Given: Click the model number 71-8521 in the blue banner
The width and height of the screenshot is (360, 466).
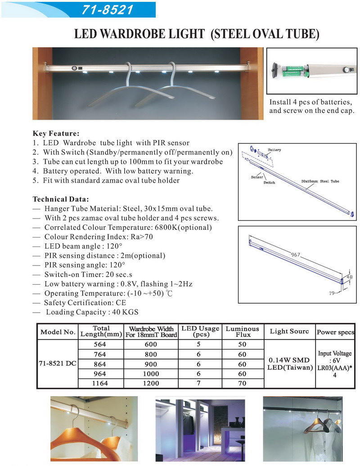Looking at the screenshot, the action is [107, 10].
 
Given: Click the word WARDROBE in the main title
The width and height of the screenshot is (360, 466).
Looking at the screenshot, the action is [152, 34].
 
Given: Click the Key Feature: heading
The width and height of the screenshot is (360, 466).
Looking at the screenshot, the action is [56, 133].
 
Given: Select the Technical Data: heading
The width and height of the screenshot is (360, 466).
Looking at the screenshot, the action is [61, 199].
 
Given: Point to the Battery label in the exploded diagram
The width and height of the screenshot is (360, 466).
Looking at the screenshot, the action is [274, 150].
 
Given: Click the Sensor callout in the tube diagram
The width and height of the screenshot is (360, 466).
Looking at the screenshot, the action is [257, 177].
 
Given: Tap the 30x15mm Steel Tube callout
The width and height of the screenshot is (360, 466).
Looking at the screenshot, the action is [320, 181].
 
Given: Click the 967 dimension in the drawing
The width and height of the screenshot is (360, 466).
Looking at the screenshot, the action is [296, 255].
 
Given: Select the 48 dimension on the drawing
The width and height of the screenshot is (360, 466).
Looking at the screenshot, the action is [350, 277].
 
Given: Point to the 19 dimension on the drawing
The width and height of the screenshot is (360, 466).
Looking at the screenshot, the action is [332, 293].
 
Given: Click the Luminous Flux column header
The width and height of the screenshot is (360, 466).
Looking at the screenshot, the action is [243, 332].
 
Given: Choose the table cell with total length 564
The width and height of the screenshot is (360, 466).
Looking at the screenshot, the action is [100, 344].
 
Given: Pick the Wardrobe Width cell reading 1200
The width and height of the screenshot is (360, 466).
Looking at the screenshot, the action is [151, 383].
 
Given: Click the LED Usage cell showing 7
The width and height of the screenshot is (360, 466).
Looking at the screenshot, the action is [198, 383].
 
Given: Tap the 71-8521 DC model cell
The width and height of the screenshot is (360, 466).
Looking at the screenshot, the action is [57, 363].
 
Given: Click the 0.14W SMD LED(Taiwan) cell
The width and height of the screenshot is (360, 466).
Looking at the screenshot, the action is [290, 364].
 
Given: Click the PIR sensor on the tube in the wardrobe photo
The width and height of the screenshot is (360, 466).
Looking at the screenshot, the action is [74, 68].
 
